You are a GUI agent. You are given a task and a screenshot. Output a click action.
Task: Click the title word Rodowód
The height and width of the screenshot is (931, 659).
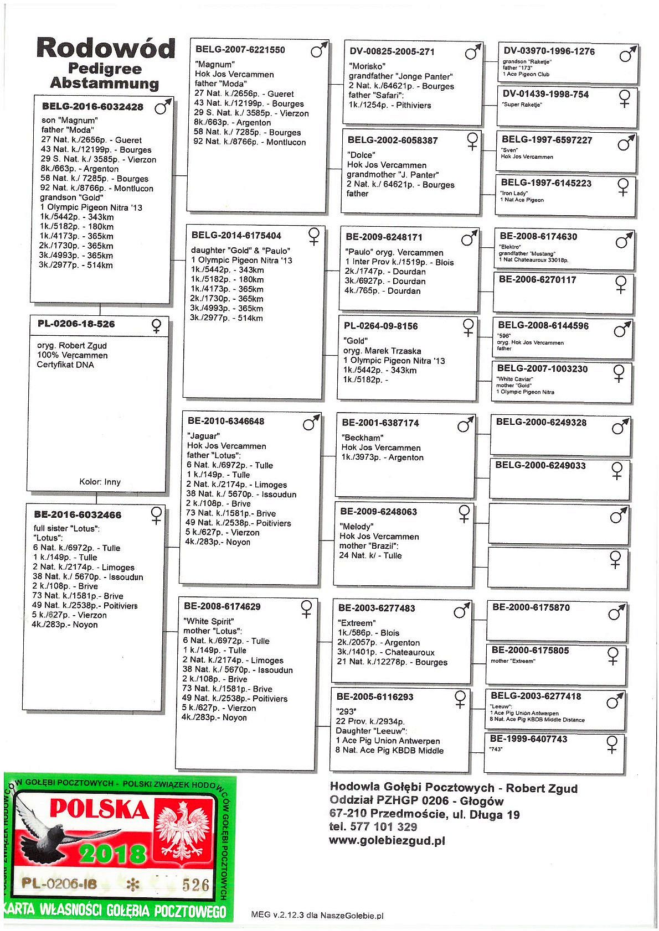[106, 49]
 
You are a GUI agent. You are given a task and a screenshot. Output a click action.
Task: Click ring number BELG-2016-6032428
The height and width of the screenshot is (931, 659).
[92, 107]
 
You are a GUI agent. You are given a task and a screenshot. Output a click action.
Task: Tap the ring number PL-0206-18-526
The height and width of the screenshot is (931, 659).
[76, 324]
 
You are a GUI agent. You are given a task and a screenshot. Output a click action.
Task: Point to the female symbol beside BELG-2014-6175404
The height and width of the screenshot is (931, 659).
[314, 236]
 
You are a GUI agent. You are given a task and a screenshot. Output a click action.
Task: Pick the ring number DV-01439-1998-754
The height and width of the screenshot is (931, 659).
[545, 95]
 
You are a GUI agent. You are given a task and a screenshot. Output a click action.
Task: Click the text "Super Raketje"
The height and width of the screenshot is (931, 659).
[522, 105]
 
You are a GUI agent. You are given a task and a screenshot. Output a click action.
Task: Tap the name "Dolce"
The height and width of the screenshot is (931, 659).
[361, 155]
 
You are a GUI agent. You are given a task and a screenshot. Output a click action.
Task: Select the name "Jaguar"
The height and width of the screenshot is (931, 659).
[204, 436]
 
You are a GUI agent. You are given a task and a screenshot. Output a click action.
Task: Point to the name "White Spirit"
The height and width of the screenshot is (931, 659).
[209, 621]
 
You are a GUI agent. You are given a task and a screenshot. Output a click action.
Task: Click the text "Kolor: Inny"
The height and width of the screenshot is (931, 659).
[100, 482]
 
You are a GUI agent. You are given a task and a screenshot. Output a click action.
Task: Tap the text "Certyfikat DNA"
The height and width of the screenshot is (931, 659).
[65, 365]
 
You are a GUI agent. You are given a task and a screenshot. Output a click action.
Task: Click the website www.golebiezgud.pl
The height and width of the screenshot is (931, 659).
[387, 841]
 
